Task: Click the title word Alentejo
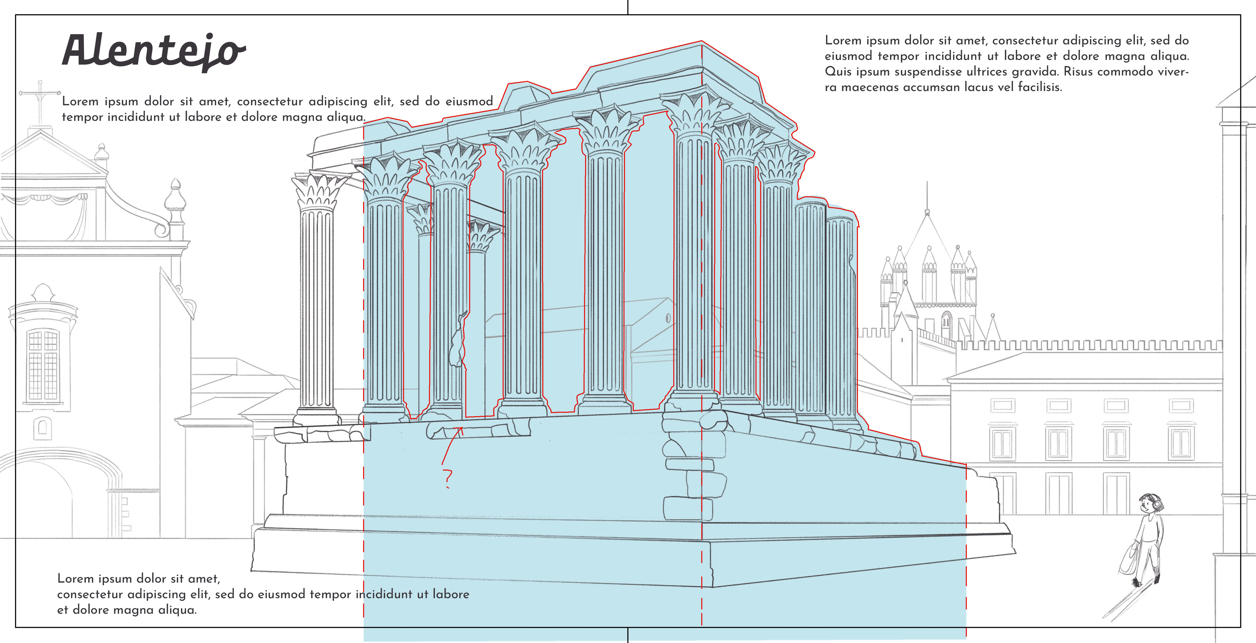(x=154, y=51)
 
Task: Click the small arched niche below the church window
(x=43, y=427)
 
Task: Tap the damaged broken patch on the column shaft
(x=458, y=341)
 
